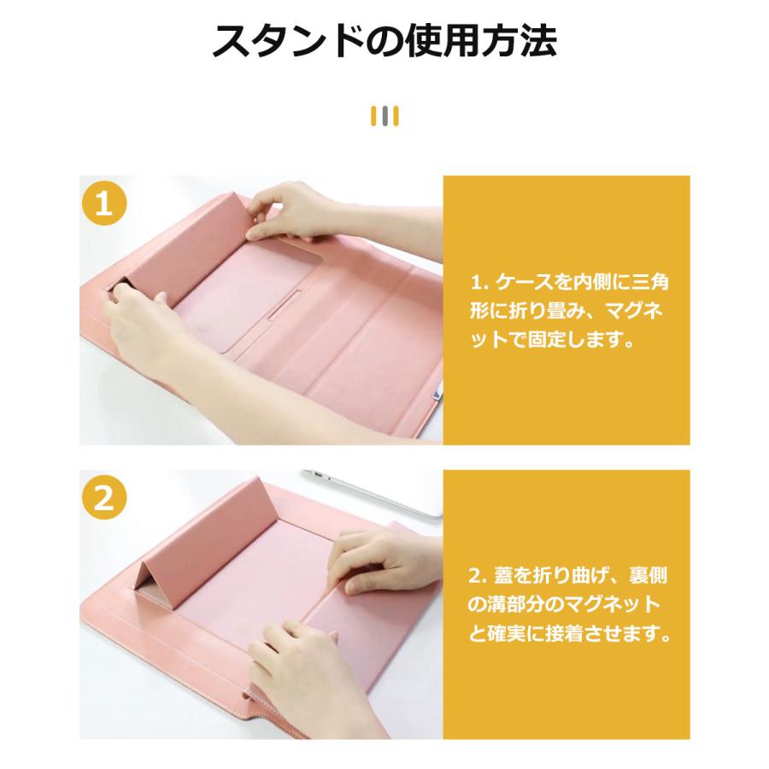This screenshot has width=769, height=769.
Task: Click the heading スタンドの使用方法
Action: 384,42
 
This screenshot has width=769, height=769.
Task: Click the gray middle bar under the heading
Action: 384,115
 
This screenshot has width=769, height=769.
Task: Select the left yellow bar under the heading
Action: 373,115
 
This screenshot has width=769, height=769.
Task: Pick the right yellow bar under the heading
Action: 396,115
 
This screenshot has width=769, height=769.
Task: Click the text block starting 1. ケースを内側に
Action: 566,310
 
